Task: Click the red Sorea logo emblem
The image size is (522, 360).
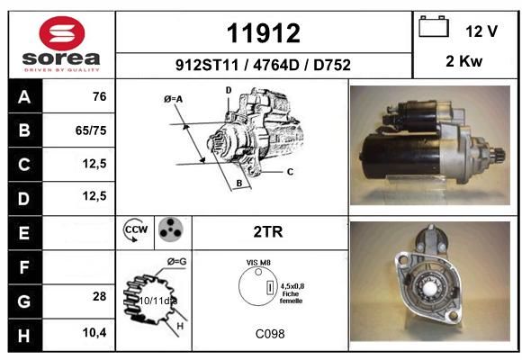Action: pos(62,33)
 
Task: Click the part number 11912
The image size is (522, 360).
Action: pos(264,33)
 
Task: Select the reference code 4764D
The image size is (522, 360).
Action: pos(276,65)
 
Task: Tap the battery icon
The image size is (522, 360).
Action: pos(434,26)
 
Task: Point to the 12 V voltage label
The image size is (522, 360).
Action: pos(481,31)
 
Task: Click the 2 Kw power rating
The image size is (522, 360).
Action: pos(463,61)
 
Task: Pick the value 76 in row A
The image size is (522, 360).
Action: pos(100,96)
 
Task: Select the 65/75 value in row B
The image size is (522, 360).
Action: pos(91,130)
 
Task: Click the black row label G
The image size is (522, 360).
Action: pos(25,301)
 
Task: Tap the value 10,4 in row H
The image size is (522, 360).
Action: pos(94,332)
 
